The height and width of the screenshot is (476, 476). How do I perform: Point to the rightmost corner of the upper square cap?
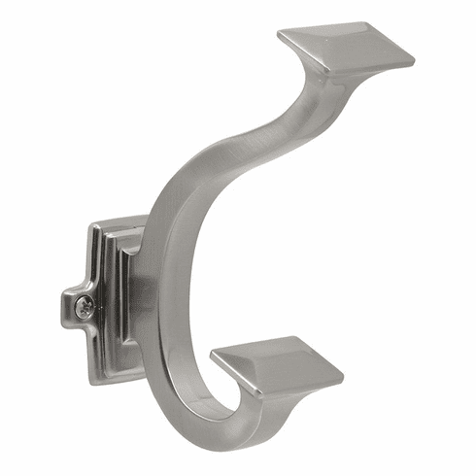[x=414, y=57]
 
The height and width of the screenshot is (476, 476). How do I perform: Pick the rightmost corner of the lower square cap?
[x=344, y=371]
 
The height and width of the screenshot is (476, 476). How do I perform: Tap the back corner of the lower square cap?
[x=297, y=337]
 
